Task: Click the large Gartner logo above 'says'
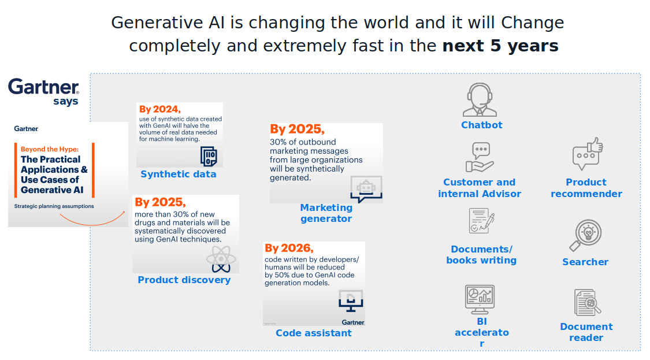(43, 87)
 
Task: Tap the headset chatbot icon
(480, 99)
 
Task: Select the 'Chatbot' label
(482, 125)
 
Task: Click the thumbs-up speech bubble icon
(588, 154)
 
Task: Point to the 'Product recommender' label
(586, 188)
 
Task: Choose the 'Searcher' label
(585, 262)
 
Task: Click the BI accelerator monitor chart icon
(480, 299)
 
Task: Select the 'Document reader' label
(586, 332)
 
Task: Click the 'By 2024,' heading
(160, 109)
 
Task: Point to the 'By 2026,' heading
(289, 248)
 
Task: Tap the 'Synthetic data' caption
(179, 174)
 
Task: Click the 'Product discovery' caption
(184, 280)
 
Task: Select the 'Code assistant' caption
(313, 333)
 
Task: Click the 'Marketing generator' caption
(326, 213)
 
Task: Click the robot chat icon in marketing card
(366, 190)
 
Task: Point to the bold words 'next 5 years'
(500, 46)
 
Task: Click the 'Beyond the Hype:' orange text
(50, 149)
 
